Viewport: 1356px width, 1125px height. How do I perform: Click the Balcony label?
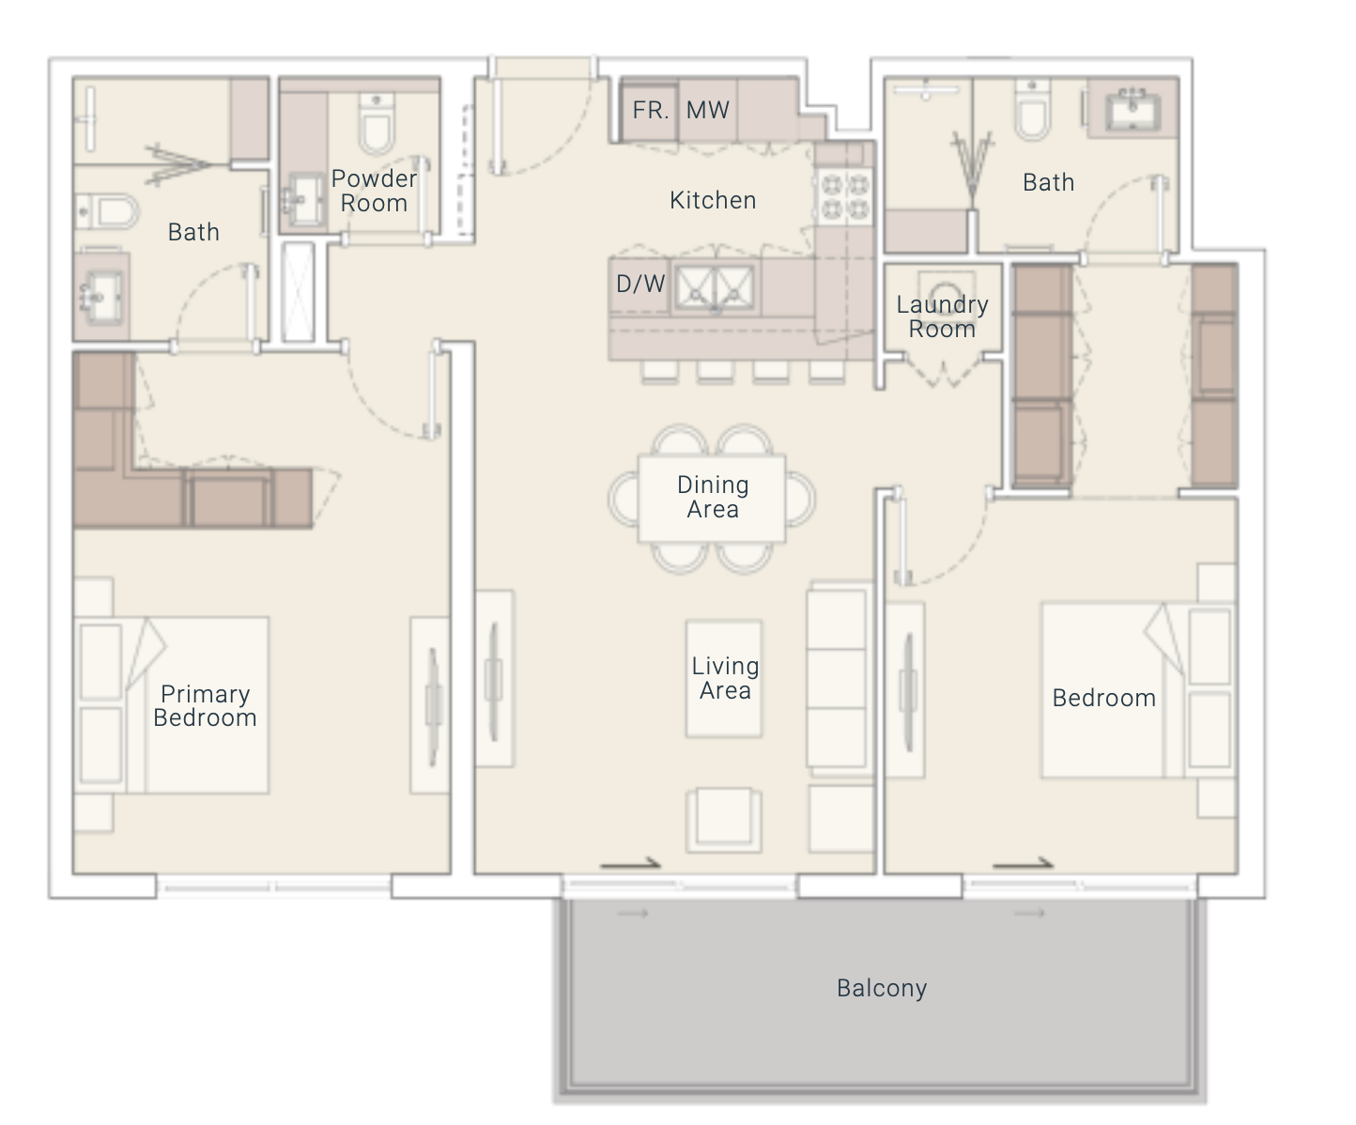[x=881, y=988]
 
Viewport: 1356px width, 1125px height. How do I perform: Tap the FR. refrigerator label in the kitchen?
[x=651, y=110]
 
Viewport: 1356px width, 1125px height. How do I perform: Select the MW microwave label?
[x=708, y=110]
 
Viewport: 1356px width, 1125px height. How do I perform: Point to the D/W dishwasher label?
[x=640, y=284]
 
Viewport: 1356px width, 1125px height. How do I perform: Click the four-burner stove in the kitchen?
[x=844, y=197]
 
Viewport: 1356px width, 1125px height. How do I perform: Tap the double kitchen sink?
[x=715, y=286]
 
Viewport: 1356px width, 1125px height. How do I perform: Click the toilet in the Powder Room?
[x=377, y=124]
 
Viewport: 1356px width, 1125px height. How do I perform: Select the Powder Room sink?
[x=304, y=198]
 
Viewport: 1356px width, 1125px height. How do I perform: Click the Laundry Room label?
[x=942, y=316]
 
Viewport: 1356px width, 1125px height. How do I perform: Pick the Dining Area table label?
[x=713, y=497]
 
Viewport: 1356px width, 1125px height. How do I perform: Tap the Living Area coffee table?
[x=724, y=678]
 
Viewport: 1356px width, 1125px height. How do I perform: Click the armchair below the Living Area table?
[x=724, y=820]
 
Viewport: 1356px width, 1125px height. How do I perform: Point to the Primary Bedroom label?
[x=206, y=705]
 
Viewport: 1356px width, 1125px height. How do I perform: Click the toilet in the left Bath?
[x=107, y=211]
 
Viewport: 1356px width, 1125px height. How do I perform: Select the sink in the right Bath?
[x=1133, y=108]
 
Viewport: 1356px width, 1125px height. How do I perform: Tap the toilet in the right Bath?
[x=1033, y=111]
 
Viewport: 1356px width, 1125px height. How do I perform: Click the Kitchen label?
[x=713, y=200]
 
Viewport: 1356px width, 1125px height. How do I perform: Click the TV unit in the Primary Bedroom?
[x=430, y=704]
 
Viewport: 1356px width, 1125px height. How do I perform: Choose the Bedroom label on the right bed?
[x=1104, y=699]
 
